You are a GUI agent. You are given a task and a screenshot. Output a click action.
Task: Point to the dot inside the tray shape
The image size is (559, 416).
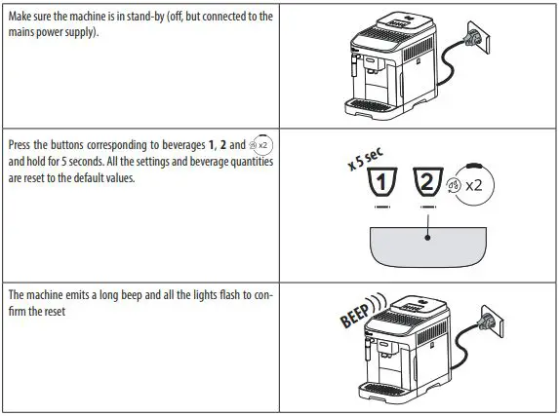click(427, 235)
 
